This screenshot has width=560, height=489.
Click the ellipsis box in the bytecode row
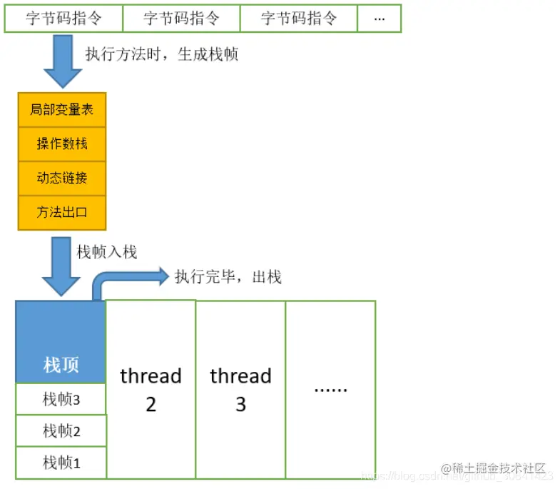[379, 19]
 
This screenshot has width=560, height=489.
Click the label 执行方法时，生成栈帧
[161, 55]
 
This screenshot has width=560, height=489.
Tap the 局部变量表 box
[62, 110]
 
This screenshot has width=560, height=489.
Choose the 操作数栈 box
[62, 143]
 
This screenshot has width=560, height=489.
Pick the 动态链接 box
[62, 178]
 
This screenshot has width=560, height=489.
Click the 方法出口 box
[62, 212]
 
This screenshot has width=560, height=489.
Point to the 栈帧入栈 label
[107, 251]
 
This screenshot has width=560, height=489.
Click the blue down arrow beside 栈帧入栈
[61, 266]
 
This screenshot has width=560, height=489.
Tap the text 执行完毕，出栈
[228, 277]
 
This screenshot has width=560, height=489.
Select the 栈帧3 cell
[61, 399]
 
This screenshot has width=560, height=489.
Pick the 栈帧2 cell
[61, 430]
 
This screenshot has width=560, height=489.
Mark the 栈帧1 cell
[61, 463]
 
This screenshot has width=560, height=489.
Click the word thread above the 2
[151, 376]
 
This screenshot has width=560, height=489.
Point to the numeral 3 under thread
[240, 405]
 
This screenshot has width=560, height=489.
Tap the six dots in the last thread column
[330, 390]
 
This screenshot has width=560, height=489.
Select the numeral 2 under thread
[151, 405]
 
